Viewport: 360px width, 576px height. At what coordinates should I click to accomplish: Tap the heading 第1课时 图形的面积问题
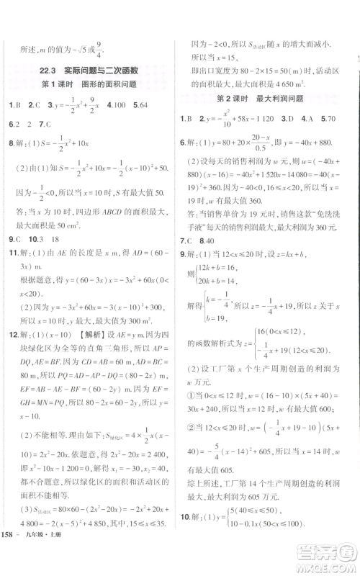(x=94, y=86)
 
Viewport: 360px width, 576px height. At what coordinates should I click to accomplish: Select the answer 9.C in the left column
(x=14, y=258)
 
